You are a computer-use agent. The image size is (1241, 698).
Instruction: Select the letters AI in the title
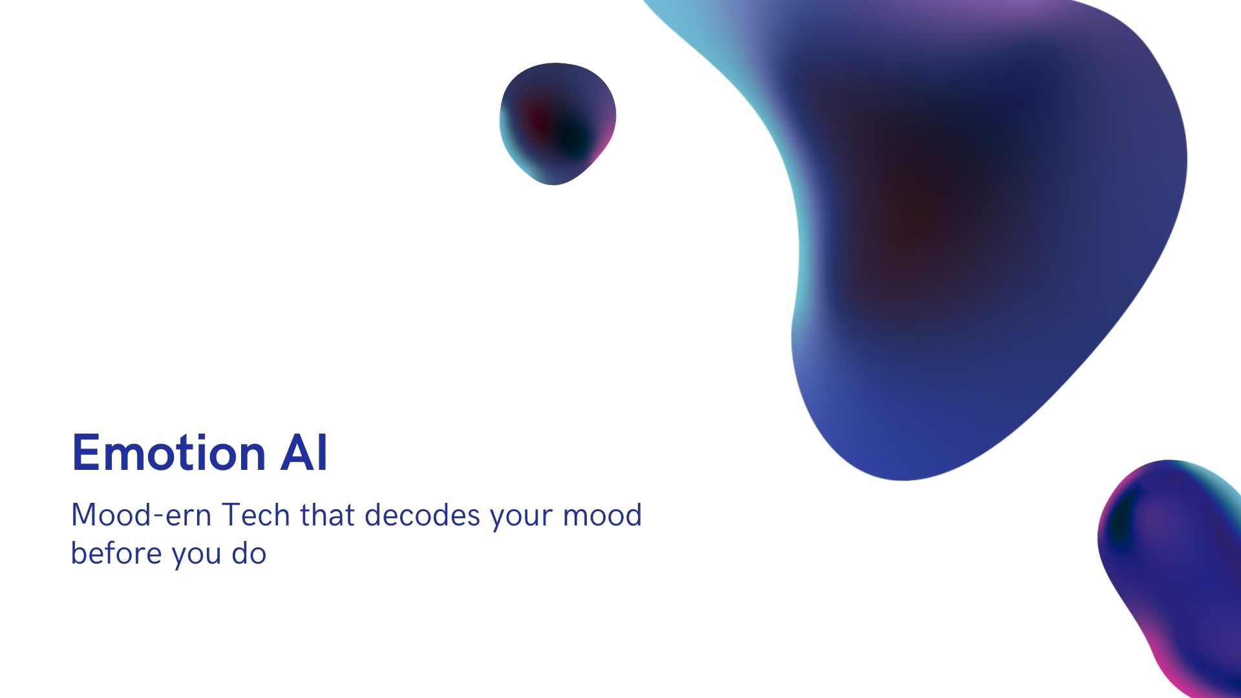coord(304,452)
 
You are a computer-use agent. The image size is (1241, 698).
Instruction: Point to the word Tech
coord(256,515)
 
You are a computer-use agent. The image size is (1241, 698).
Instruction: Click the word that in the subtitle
coord(327,515)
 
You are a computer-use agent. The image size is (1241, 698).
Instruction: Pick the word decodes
coord(423,515)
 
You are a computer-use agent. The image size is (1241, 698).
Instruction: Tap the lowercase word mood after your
coord(602,515)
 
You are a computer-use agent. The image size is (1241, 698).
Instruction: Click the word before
coord(116,553)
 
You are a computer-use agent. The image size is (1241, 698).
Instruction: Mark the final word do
coord(249,553)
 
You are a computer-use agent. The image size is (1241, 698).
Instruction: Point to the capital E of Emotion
coord(85,452)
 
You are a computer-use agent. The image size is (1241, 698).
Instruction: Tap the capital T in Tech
coord(233,515)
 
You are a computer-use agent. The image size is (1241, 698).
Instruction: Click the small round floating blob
coord(557,123)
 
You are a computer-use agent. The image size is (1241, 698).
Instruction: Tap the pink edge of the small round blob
coord(606,139)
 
